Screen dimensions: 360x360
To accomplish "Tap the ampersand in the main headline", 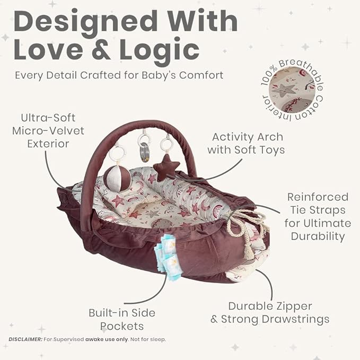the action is [x=101, y=50].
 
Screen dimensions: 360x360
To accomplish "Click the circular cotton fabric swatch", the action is [x=292, y=90].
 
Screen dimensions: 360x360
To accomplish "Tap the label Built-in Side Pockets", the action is [x=122, y=320].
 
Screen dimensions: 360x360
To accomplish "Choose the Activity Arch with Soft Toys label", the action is [x=246, y=144].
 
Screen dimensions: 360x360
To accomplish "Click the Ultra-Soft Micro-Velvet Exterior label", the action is [x=48, y=131].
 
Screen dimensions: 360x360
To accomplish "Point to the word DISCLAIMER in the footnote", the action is [x=25, y=339].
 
